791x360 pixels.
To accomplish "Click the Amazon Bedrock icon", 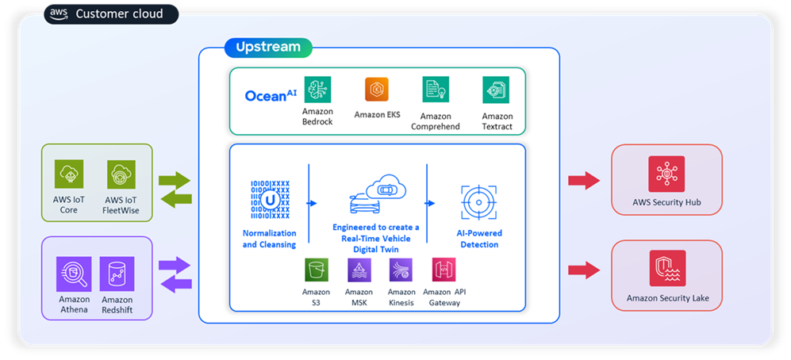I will (x=317, y=90).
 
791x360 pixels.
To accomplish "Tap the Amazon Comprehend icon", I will (x=436, y=90).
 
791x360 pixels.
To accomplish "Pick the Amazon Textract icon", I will (x=496, y=90).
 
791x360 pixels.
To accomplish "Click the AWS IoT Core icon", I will (x=69, y=174).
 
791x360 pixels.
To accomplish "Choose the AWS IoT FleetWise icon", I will (x=121, y=174).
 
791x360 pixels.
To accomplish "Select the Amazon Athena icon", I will (x=73, y=274).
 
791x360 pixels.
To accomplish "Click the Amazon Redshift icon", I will (x=117, y=274).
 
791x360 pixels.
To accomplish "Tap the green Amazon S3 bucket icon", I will (x=317, y=270).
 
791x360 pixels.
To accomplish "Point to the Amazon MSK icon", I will (x=359, y=270).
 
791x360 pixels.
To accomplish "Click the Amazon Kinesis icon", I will (x=401, y=270).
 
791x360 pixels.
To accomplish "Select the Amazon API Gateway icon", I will (x=443, y=270).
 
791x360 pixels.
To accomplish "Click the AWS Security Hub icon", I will (x=666, y=174).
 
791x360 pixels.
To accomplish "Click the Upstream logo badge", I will (x=268, y=48).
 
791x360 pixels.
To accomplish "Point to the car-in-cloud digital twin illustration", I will (x=375, y=196).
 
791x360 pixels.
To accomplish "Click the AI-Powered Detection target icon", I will (x=479, y=202).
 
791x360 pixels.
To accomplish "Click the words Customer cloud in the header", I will (x=119, y=13).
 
